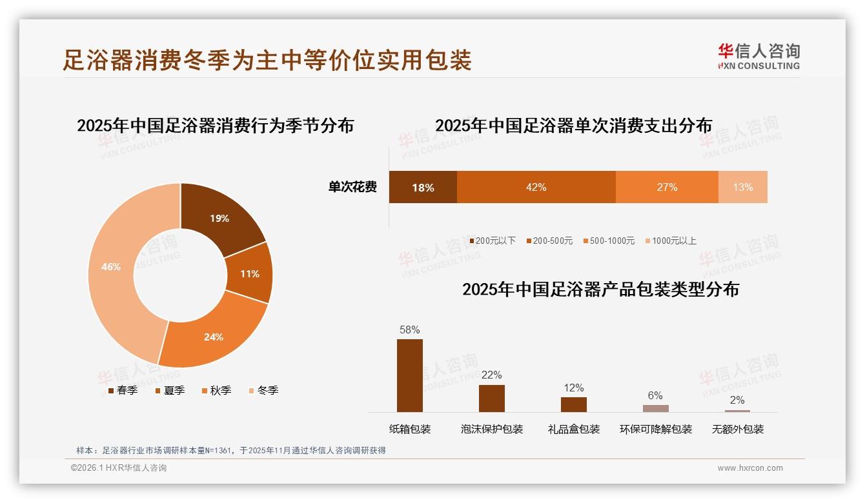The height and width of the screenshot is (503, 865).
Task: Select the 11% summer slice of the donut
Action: point(249,273)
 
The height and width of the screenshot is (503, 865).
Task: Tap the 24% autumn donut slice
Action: point(213,336)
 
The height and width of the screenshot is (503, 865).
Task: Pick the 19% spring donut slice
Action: point(219,219)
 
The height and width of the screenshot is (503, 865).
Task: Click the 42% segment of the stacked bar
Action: point(536,187)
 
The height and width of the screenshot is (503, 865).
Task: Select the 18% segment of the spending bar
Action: point(423,187)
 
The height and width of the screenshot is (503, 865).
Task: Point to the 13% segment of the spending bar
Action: point(742,187)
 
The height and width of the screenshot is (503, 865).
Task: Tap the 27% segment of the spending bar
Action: point(667,187)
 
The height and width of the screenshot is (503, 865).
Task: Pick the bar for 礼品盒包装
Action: point(573,404)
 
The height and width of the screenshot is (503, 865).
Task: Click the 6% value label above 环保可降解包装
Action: point(655,395)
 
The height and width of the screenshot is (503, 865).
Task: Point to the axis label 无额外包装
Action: point(737,429)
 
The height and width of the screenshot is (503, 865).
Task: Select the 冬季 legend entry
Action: point(263,390)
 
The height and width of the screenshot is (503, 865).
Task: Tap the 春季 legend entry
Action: point(123,390)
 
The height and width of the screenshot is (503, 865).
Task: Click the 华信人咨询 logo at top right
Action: point(758,56)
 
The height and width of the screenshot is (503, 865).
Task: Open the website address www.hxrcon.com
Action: point(749,468)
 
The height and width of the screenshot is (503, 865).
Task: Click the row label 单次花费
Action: point(352,187)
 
